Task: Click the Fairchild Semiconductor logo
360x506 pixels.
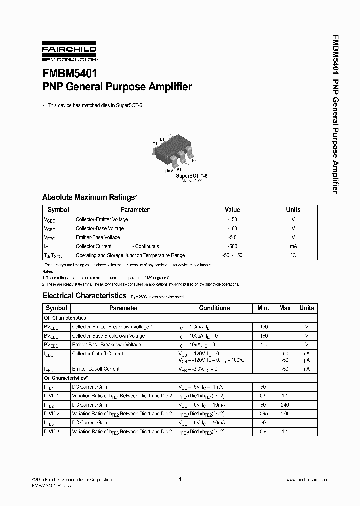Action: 69,52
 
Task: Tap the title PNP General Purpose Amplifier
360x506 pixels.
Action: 117,87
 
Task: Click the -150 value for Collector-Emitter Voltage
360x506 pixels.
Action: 232,219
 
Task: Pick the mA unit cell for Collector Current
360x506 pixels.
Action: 293,246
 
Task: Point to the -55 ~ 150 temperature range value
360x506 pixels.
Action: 232,255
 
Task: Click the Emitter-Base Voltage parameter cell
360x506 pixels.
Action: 98,237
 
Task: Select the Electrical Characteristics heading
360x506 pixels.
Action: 84,295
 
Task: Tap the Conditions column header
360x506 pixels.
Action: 214,308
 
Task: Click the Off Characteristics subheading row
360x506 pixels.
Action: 65,318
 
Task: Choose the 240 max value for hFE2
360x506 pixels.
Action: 285,405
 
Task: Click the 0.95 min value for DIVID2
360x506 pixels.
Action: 263,414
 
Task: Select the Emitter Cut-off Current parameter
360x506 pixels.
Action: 96,369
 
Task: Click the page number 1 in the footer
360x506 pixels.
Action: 180,479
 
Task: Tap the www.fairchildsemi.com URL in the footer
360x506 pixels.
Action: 307,479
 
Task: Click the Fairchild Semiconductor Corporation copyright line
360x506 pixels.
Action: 72,479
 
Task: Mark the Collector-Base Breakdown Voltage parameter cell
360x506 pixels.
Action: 108,336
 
